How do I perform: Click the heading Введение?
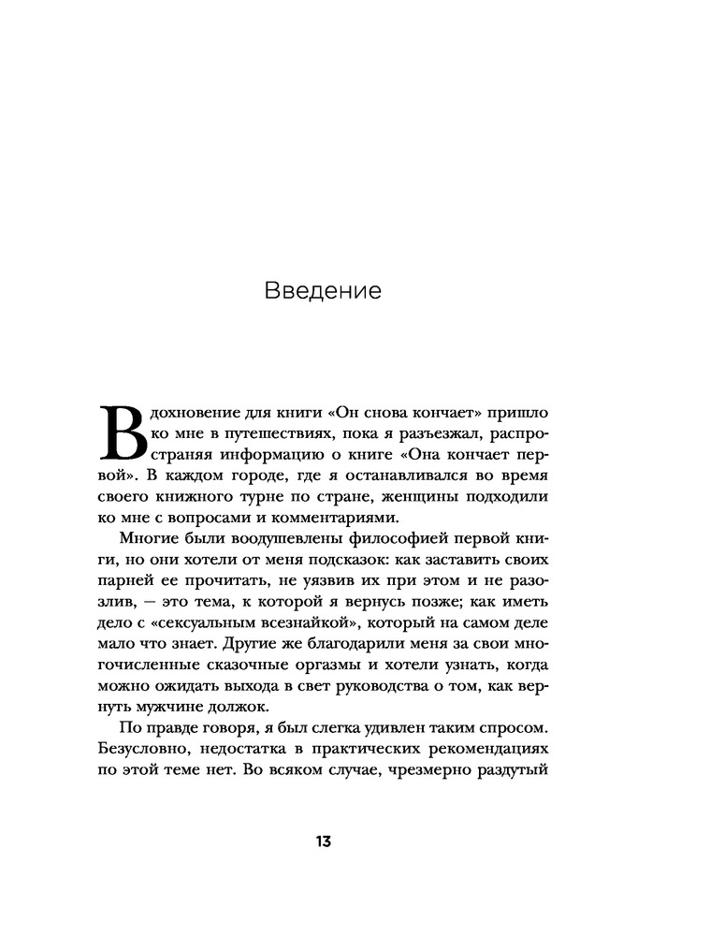point(323,291)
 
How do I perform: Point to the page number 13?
point(323,841)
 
